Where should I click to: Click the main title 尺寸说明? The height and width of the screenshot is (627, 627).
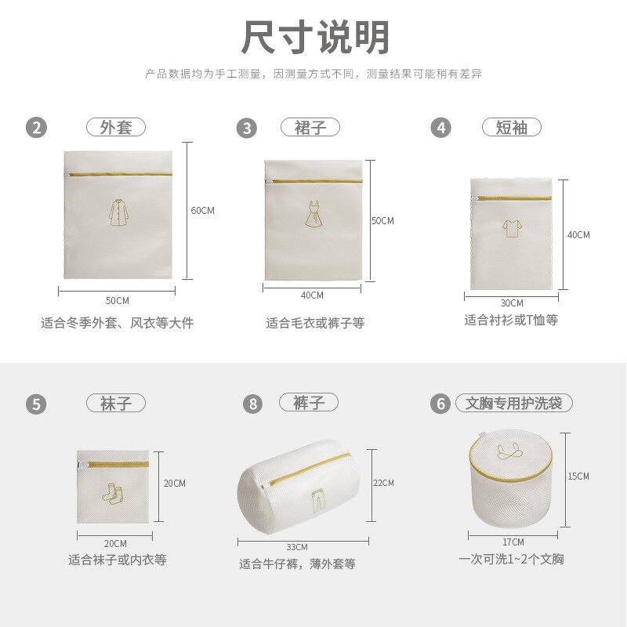tap(315, 38)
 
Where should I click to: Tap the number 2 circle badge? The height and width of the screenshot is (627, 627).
tap(36, 128)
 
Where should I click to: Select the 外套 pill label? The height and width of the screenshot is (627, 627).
tap(116, 127)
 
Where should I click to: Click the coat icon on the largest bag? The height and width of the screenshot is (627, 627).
tap(117, 212)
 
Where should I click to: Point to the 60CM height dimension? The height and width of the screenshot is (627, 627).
tap(202, 210)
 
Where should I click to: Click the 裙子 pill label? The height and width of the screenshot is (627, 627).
tap(310, 127)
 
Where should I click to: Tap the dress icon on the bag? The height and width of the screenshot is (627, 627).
tap(313, 214)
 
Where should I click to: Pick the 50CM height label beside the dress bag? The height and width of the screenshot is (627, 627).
tap(382, 221)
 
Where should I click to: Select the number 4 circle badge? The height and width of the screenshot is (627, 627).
tap(441, 128)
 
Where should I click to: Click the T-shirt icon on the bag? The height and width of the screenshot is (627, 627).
tap(513, 227)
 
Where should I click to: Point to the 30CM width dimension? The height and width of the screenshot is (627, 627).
tap(512, 303)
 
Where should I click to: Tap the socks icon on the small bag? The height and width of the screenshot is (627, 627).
tap(113, 494)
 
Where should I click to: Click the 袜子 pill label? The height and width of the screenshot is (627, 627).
tap(116, 404)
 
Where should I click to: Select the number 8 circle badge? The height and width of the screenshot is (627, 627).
tap(252, 404)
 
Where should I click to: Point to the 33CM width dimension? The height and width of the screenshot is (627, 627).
tap(297, 546)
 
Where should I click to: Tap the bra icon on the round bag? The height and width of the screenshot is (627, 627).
tap(509, 452)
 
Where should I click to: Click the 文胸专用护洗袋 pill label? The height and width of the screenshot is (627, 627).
tap(514, 404)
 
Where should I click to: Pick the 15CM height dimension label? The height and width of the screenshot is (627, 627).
tap(578, 476)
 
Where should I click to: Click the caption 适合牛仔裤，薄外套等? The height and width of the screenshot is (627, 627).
tap(297, 564)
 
